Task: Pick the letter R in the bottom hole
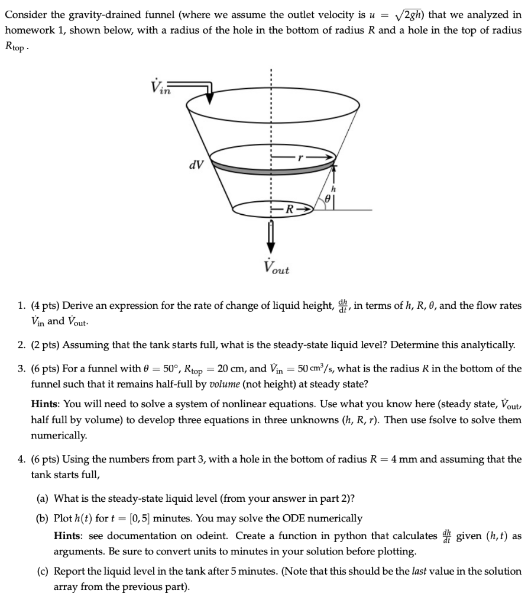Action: [x=289, y=208]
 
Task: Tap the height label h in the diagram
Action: [x=341, y=189]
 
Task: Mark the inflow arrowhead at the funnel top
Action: [x=210, y=101]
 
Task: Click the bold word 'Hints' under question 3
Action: [x=45, y=404]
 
